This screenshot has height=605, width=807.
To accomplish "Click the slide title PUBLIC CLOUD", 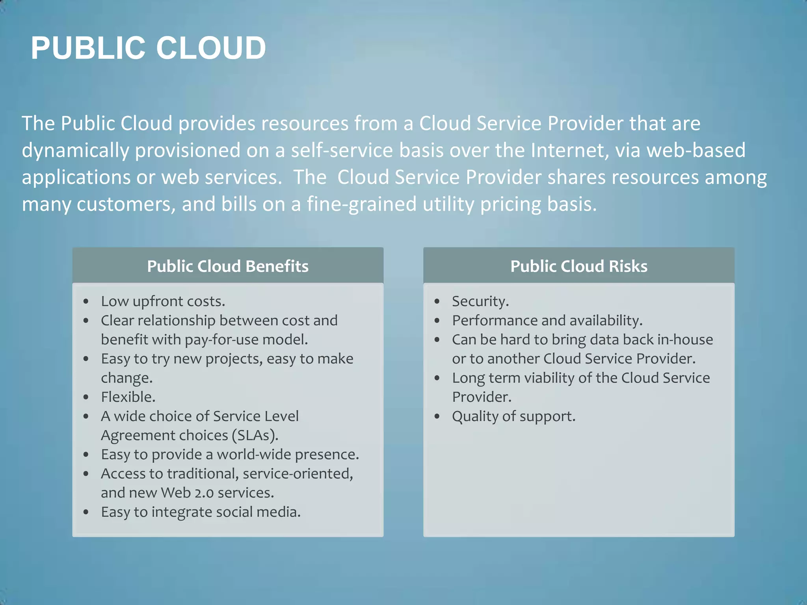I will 148,48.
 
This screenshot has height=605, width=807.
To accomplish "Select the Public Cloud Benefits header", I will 228,266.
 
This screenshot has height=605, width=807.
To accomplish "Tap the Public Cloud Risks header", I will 578,266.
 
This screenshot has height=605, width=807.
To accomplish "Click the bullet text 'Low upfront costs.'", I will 163,301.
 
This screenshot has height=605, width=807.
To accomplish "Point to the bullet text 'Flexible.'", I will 128,397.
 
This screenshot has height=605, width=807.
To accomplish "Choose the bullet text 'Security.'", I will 480,301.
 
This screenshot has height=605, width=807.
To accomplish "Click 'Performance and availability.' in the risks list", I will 547,321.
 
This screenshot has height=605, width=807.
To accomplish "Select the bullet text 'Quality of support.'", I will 513,416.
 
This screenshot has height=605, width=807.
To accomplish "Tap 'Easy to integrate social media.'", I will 201,512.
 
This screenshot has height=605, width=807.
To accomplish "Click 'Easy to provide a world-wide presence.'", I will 230,455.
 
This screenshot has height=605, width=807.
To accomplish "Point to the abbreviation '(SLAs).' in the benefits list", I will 255,436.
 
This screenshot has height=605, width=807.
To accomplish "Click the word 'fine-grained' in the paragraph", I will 361,204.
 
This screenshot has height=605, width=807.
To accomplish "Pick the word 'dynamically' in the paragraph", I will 75,150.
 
